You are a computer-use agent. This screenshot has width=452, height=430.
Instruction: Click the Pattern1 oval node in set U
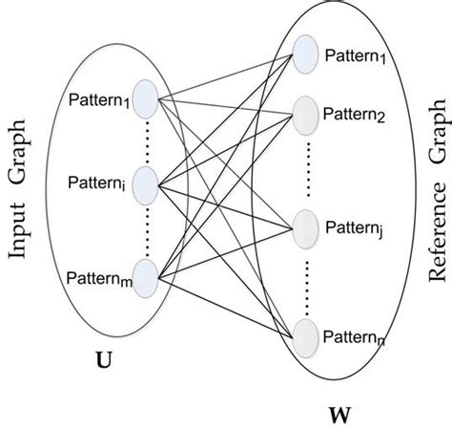(x=146, y=97)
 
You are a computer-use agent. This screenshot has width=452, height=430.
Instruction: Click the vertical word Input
(x=21, y=226)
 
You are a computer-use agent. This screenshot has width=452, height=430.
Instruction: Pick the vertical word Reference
(x=437, y=219)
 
